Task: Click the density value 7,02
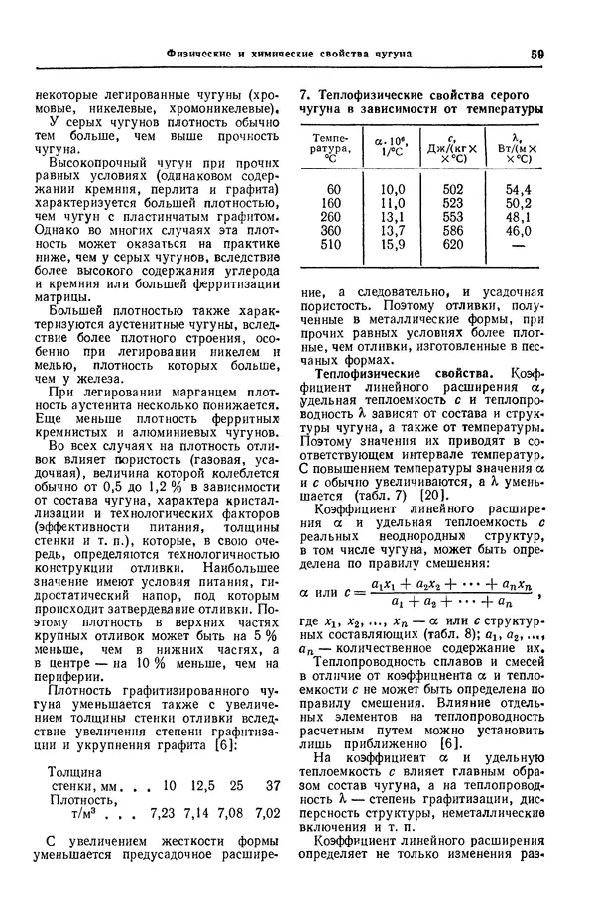[267, 812]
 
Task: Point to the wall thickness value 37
[273, 785]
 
